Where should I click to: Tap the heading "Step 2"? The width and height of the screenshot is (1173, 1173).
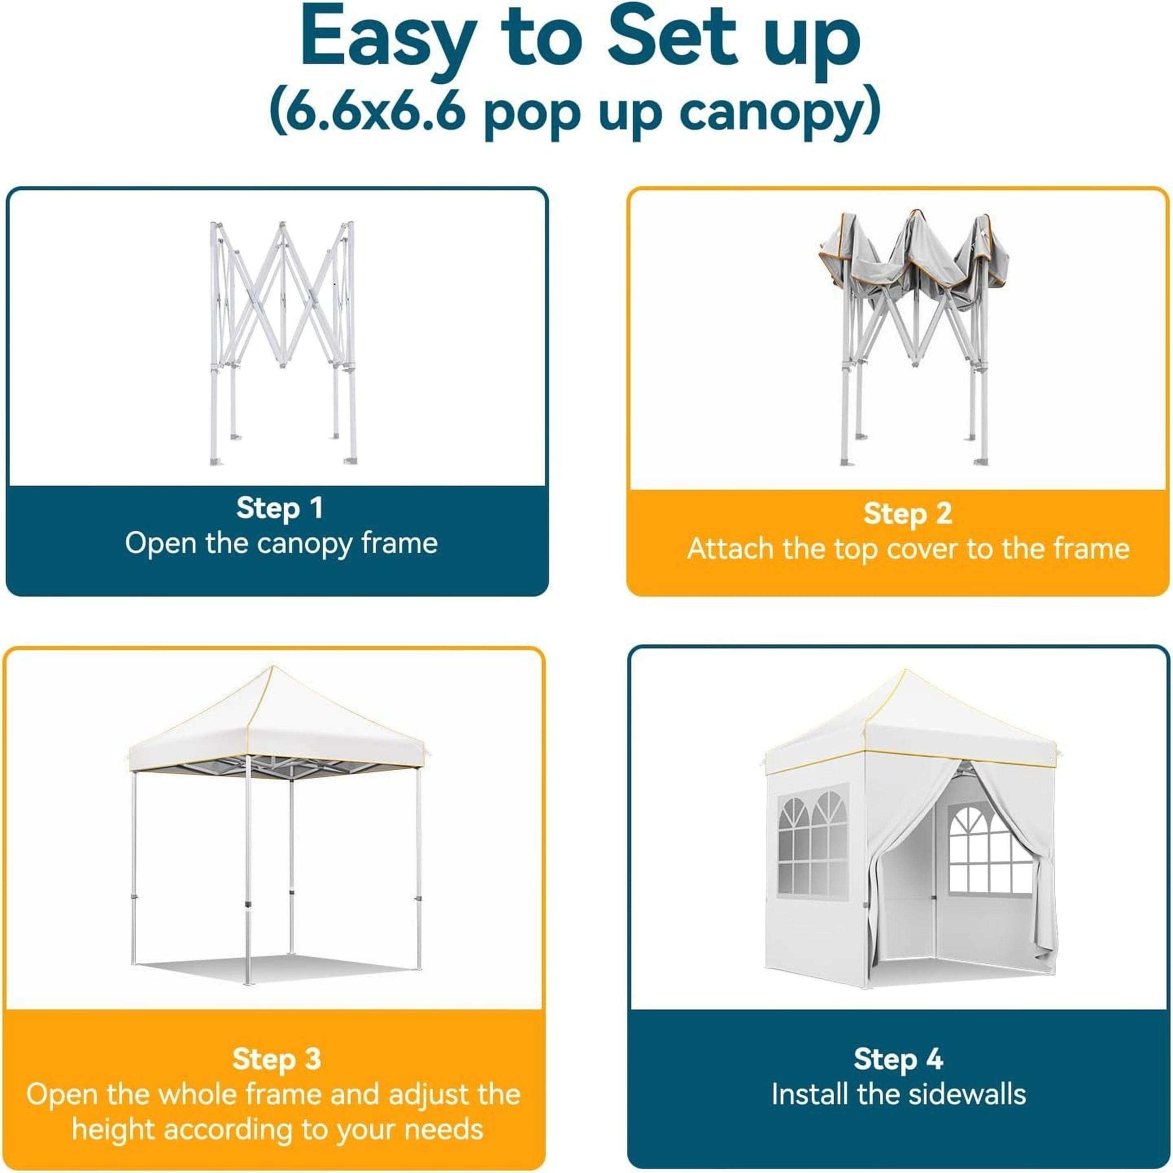(x=908, y=513)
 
